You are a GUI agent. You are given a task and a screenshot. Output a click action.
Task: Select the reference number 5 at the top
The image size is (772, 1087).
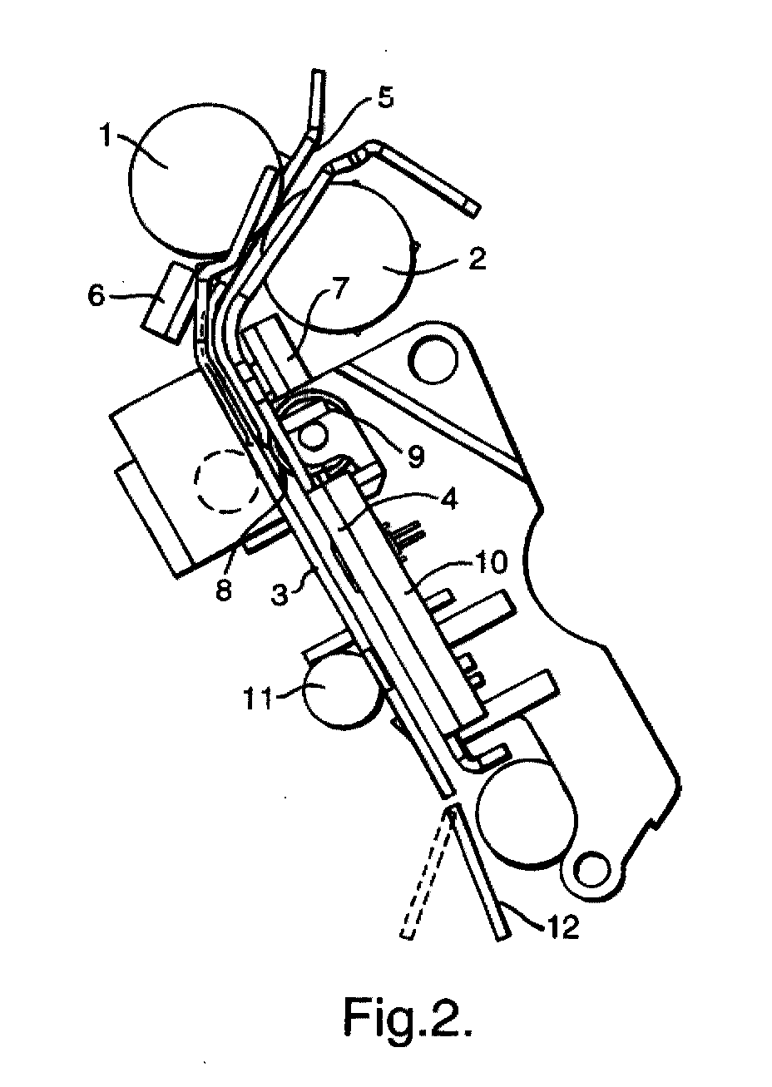click(x=385, y=97)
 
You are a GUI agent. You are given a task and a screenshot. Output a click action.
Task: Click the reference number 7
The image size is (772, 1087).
click(x=339, y=290)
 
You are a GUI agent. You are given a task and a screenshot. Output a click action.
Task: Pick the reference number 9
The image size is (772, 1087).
click(x=416, y=457)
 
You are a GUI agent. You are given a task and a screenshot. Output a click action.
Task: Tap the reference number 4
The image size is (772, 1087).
click(x=449, y=499)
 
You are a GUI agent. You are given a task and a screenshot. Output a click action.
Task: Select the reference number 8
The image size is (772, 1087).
click(x=224, y=590)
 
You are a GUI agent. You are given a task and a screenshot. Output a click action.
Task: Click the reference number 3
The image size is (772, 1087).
click(x=280, y=594)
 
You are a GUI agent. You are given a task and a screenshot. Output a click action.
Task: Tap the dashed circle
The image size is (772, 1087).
click(x=227, y=480)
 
